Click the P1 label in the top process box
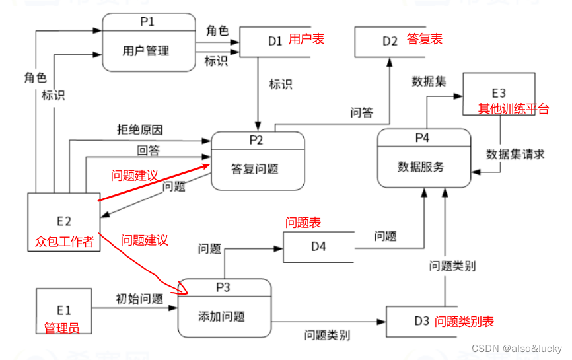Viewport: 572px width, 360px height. pos(147,21)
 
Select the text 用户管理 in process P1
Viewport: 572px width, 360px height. pos(146,50)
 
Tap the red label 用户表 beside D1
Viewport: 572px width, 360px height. pos(306,40)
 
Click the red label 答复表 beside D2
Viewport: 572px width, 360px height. pos(425,40)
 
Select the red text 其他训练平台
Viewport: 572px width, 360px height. pos(513,109)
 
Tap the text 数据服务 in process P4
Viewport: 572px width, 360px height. pos(421,166)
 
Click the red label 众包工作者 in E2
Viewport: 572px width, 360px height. pos(64,242)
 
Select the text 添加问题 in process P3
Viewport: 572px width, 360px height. pos(221,316)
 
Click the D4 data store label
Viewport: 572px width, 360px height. pos(319,248)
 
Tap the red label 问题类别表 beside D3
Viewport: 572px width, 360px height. pos(464,322)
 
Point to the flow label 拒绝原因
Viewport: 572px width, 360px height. pos(139,129)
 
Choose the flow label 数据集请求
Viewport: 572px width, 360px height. pos(515,154)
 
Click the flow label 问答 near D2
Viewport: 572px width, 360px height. pos(361,113)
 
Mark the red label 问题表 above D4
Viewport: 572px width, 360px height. pos(303,223)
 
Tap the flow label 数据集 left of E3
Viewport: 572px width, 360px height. pos(429,81)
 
